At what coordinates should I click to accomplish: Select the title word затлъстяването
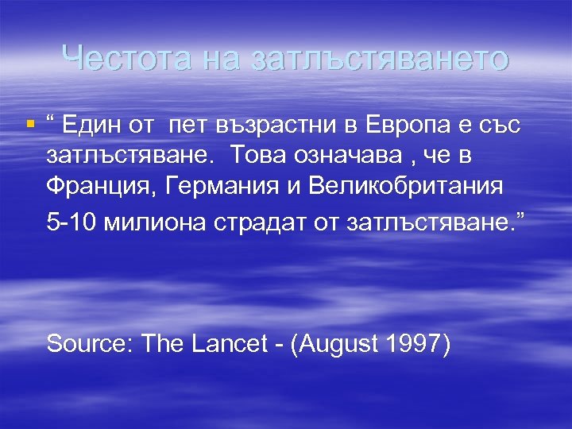tap(379, 58)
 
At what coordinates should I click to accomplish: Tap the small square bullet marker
tap(31, 124)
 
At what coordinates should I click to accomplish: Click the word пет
tap(187, 126)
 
